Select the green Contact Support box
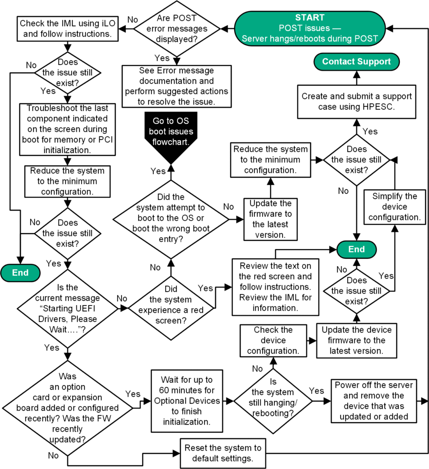(356, 61)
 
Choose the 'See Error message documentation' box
(177, 86)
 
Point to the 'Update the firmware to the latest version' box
(271, 218)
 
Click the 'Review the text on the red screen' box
(275, 287)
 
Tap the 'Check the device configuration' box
(273, 341)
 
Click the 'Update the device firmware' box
(356, 341)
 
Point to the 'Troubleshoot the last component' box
(67, 129)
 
